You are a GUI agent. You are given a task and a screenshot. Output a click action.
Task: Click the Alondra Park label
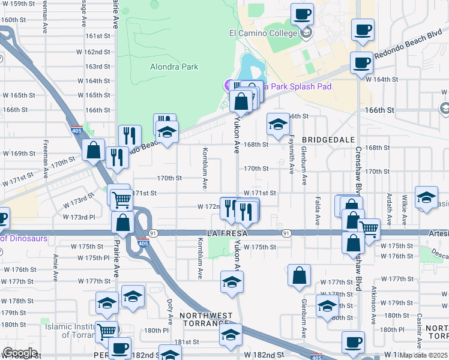pyautogui.click(x=174, y=67)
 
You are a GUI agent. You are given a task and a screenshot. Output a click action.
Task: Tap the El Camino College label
pyautogui.click(x=263, y=33)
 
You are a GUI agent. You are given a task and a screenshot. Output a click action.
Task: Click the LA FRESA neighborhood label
pyautogui.click(x=228, y=232)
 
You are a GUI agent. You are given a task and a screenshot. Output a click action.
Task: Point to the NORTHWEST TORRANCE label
pyautogui.click(x=206, y=319)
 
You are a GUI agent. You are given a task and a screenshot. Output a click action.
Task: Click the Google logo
pyautogui.click(x=19, y=353)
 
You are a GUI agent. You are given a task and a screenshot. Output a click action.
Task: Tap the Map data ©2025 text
pyautogui.click(x=423, y=355)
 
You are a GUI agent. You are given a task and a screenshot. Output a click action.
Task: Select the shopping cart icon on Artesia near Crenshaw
pyautogui.click(x=369, y=227)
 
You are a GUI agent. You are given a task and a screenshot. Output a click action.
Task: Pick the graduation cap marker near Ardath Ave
pyautogui.click(x=426, y=199)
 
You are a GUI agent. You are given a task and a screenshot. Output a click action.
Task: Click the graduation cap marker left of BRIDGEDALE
pyautogui.click(x=278, y=124)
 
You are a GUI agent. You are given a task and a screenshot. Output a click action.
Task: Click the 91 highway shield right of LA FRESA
pyautogui.click(x=286, y=232)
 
